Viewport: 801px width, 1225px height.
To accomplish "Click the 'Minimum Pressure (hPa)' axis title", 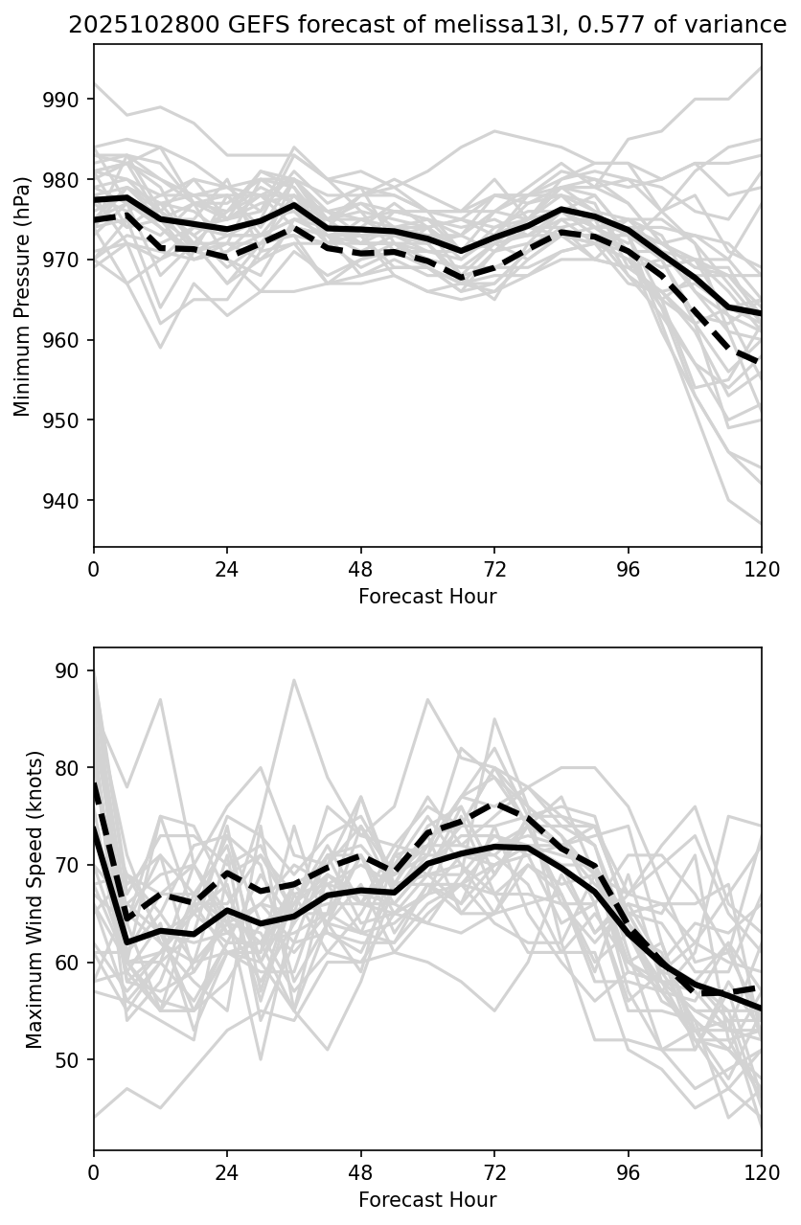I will coord(22,296).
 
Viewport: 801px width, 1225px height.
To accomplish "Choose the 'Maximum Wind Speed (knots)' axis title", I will coord(34,899).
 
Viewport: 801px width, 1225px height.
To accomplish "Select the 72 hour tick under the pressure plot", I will coord(494,568).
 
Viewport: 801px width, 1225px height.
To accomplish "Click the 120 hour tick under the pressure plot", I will coord(762,568).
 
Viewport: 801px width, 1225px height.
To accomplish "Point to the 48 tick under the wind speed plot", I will coord(361,1171).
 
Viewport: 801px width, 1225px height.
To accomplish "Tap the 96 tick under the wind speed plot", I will coord(629,1171).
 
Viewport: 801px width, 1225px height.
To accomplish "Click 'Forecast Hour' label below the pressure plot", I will coord(427,597).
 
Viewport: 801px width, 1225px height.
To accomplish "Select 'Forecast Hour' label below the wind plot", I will coord(427,1200).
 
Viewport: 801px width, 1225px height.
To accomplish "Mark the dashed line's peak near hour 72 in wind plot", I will coord(494,804).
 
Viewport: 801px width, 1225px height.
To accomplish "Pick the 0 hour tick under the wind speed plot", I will coord(94,1171).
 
